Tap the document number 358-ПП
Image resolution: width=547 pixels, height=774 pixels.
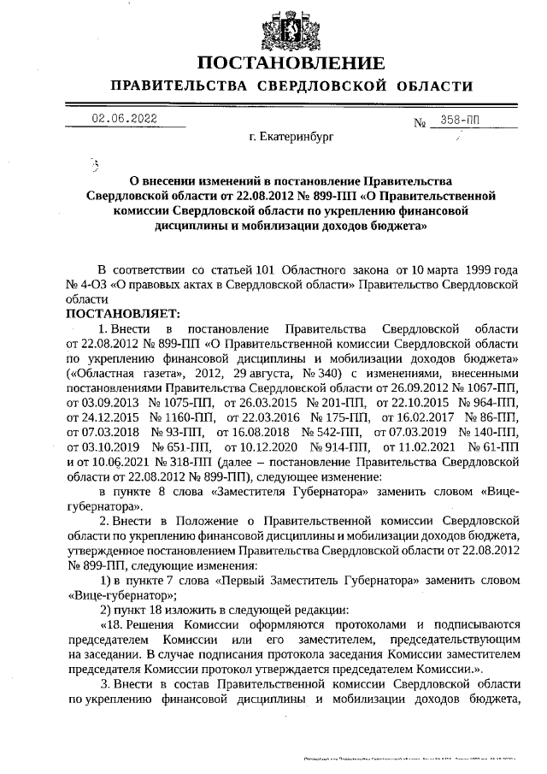pos(458,121)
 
